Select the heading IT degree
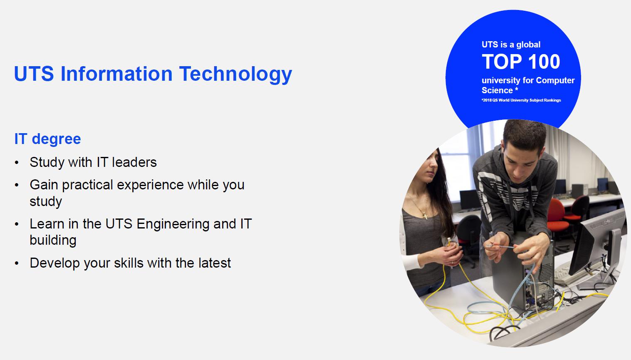tap(47, 139)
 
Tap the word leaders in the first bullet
tap(134, 162)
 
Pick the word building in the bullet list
tap(53, 240)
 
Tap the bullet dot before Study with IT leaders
tap(17, 163)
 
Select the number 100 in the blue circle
tap(544, 62)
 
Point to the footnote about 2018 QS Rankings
tap(521, 100)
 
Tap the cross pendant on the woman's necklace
tap(425, 216)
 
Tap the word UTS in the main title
tap(34, 74)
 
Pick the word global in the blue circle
tap(528, 45)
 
